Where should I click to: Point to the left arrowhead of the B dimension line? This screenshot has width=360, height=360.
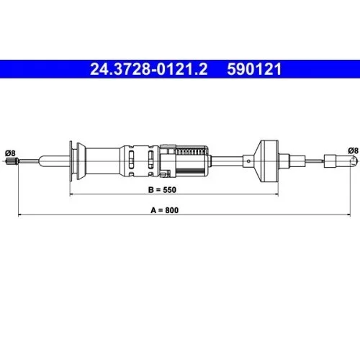pos(70,194)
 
